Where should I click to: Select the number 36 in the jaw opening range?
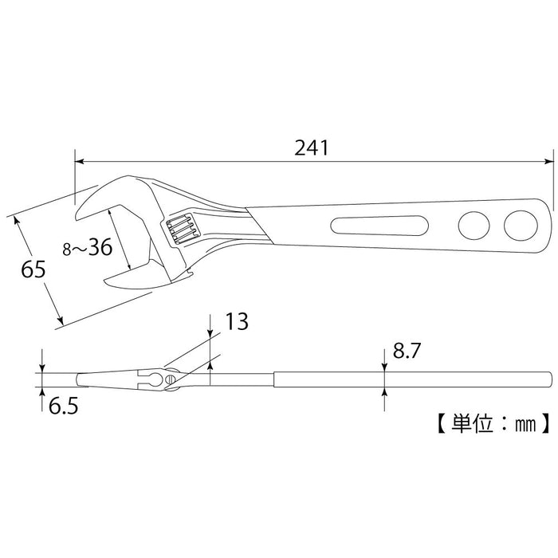(x=99, y=248)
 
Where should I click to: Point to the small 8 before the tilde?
(x=69, y=250)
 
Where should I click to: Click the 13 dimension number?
(x=236, y=321)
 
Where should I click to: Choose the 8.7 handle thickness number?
(x=405, y=352)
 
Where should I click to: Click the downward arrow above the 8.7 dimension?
(x=385, y=366)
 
